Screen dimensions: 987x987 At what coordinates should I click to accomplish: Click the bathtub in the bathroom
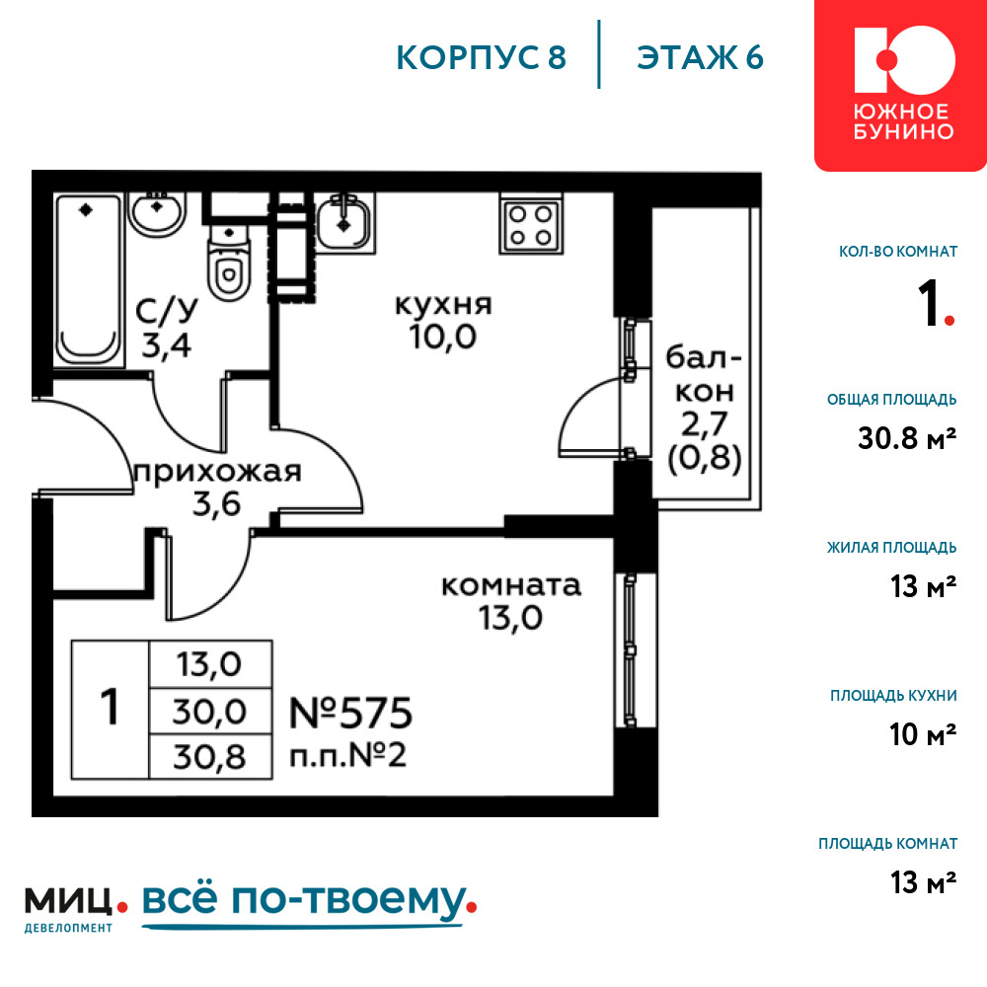(x=88, y=279)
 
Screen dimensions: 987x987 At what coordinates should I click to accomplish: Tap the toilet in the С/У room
(x=229, y=262)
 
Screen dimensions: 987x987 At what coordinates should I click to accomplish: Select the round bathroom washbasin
(x=157, y=214)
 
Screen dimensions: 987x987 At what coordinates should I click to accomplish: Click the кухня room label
(x=443, y=305)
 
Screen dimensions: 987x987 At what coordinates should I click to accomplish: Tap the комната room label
(x=511, y=586)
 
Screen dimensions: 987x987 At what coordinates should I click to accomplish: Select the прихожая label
(x=218, y=472)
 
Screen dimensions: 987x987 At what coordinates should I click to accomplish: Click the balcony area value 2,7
(x=705, y=424)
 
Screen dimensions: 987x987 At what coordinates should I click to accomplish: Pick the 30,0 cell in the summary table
(x=210, y=712)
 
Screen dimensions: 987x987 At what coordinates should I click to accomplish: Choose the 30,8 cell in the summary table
(x=210, y=757)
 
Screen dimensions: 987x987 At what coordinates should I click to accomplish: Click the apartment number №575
(x=350, y=714)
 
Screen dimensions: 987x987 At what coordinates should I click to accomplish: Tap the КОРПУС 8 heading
(x=481, y=58)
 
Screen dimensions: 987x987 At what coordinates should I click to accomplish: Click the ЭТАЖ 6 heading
(x=700, y=58)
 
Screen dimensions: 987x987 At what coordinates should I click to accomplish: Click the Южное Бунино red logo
(x=901, y=85)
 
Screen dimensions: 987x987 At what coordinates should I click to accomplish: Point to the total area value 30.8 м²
(x=907, y=438)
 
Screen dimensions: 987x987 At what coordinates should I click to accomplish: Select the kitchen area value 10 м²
(x=923, y=734)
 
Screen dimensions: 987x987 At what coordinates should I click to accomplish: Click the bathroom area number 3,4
(x=166, y=344)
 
